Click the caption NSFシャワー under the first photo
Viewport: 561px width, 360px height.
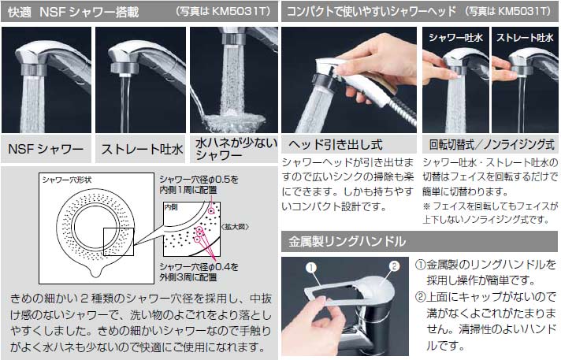coord(46,148)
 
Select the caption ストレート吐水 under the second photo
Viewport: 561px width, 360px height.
coord(141,148)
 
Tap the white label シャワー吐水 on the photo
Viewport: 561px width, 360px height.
coord(455,37)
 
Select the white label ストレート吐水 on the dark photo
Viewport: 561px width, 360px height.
coord(524,37)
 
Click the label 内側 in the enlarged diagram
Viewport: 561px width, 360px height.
coord(173,207)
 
